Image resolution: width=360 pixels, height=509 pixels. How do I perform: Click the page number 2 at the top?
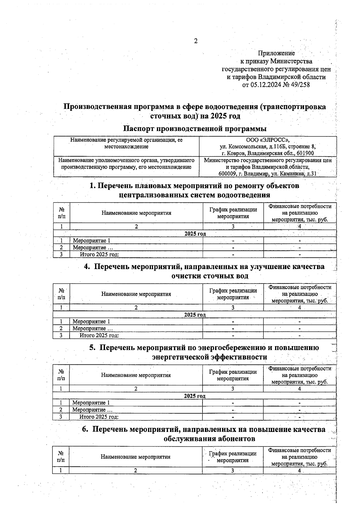pos(196,41)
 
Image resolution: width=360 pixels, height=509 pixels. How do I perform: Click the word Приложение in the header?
pos(276,53)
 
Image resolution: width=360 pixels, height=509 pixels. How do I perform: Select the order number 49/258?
pos(300,85)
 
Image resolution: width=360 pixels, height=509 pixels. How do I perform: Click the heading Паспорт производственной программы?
pos(195,129)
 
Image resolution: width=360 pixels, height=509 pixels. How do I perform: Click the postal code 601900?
pos(305,153)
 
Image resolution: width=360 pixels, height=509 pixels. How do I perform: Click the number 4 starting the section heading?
pos(87,267)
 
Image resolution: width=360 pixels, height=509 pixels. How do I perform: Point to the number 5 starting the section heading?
pos(92,348)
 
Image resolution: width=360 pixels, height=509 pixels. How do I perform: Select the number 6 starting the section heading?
pos(85,429)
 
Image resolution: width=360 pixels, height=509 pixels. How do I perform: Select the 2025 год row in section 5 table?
pos(194,396)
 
